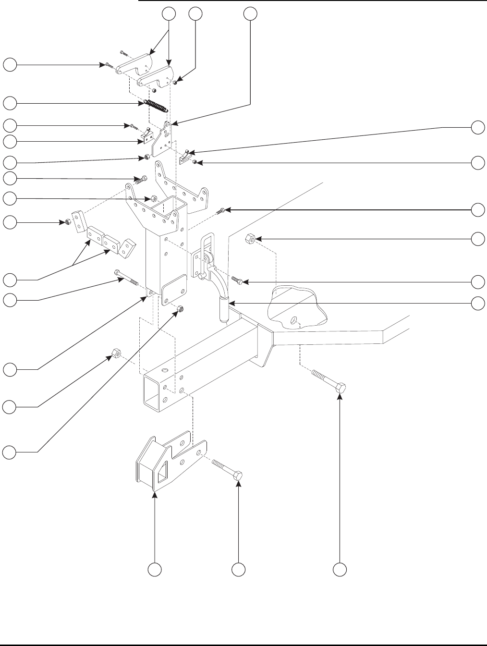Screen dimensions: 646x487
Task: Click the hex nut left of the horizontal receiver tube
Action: (115, 353)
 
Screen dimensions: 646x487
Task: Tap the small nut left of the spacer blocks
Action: (69, 222)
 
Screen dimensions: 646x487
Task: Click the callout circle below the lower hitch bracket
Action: (154, 570)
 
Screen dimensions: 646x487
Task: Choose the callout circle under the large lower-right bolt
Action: (340, 570)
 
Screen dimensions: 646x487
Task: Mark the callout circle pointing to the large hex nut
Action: (477, 239)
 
